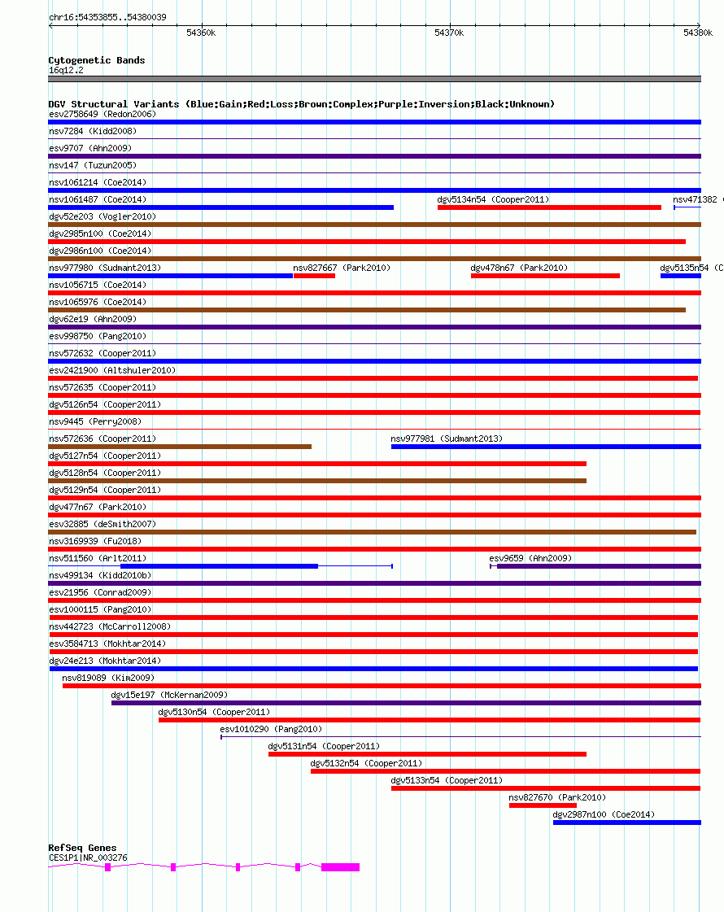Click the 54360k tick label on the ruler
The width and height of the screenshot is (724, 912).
(x=200, y=33)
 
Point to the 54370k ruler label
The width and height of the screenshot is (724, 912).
(x=448, y=33)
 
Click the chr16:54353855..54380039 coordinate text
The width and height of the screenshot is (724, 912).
(x=107, y=17)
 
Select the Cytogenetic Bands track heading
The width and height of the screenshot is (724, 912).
(x=96, y=60)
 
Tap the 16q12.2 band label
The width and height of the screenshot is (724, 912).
(x=65, y=70)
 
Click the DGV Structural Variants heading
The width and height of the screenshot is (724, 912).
(x=301, y=104)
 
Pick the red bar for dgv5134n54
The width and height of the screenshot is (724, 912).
(x=549, y=207)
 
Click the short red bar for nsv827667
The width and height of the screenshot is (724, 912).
(x=314, y=276)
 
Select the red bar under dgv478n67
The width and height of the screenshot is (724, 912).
(x=545, y=276)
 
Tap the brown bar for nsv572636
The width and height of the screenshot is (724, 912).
(x=180, y=447)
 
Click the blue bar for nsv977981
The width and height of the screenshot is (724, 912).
(x=546, y=447)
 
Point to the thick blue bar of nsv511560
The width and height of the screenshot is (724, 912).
(x=219, y=566)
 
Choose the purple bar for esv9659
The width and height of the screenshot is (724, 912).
(x=599, y=566)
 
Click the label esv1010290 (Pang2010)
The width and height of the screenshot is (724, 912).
(x=270, y=729)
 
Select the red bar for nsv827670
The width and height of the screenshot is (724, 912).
(x=543, y=805)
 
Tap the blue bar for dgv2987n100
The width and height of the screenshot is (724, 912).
(x=626, y=823)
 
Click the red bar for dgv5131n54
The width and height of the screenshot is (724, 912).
(x=427, y=754)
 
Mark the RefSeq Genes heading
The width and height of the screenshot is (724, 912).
(x=82, y=848)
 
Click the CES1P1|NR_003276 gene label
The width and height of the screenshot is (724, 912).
(x=88, y=857)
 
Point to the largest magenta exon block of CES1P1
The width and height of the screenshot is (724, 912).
(x=340, y=867)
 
